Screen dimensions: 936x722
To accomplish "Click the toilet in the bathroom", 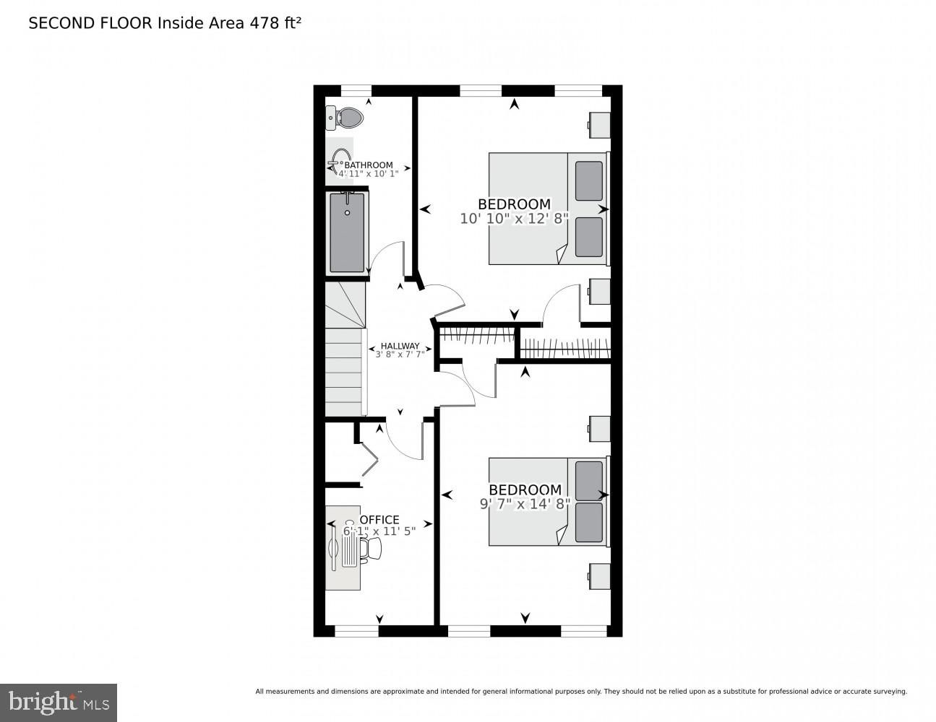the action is click(x=344, y=118).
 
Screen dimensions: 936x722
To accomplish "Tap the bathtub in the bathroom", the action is click(x=347, y=232).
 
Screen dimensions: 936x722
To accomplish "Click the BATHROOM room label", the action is click(x=369, y=165).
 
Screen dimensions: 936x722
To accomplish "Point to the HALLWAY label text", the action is click(x=400, y=346).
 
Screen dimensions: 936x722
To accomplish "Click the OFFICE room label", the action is click(x=379, y=520).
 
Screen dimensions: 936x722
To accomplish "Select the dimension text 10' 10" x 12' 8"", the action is click(x=515, y=219).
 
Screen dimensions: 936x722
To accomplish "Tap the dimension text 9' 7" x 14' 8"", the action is click(x=525, y=504).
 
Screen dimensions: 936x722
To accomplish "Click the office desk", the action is click(x=343, y=547).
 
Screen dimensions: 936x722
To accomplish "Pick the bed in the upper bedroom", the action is click(x=549, y=208).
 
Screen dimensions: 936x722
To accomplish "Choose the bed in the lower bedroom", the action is click(x=549, y=502).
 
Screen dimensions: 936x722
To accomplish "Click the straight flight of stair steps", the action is click(x=345, y=372).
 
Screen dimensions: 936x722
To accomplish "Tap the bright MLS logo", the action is click(x=58, y=703).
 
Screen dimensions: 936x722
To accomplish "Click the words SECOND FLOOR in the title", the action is click(x=90, y=23).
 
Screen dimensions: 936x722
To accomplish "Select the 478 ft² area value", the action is click(x=275, y=23).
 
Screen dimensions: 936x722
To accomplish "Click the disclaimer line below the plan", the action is click(x=581, y=692).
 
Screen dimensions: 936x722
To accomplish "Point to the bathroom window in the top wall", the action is click(x=356, y=91).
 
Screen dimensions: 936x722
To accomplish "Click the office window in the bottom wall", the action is click(x=356, y=631).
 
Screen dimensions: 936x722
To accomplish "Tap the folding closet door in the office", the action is click(x=369, y=458).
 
